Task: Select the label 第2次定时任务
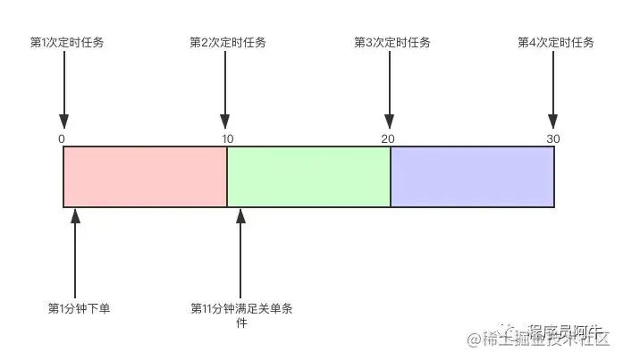pos(228,43)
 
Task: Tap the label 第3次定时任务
pos(391,43)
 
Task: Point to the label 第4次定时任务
pos(555,43)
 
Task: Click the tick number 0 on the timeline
pos(61,138)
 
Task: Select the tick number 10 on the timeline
pos(228,138)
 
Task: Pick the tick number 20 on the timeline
pos(388,138)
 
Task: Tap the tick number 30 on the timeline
pos(553,138)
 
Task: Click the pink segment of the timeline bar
pos(145,177)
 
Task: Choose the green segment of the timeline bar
pos(308,177)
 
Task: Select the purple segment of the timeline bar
pos(472,177)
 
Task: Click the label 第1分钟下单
pos(79,308)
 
